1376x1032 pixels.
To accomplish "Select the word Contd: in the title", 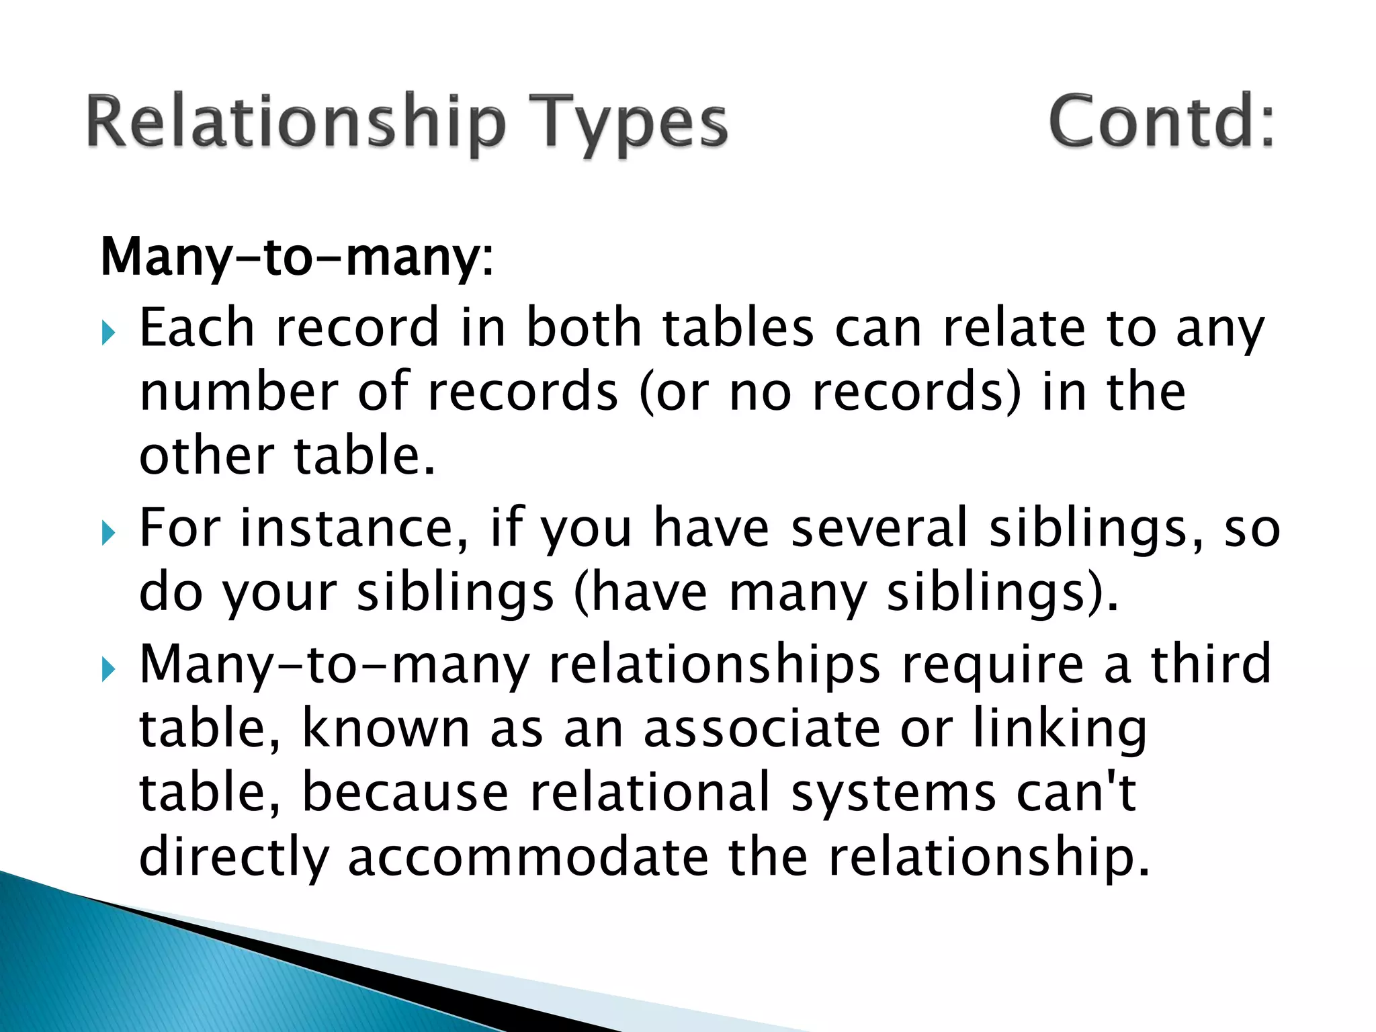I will tap(1161, 121).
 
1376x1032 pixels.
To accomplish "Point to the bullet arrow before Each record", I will tap(109, 332).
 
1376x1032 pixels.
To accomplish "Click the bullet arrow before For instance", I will tap(109, 533).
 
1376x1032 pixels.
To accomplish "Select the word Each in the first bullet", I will tap(196, 328).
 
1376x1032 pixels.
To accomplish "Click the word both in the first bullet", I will tap(583, 328).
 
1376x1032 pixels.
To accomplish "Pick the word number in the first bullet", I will tap(238, 392).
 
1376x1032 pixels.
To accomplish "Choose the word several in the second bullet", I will tap(879, 528).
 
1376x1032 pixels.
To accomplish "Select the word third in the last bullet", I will tap(1211, 664).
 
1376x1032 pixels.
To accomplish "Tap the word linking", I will tap(1060, 730).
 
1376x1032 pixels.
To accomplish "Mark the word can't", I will tap(1076, 793).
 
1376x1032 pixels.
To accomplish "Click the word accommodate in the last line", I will tap(527, 857).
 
